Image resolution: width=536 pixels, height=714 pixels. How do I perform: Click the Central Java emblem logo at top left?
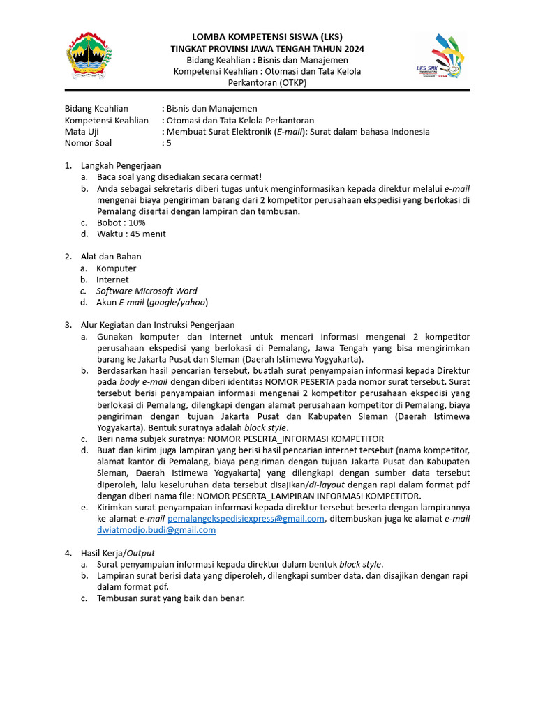click(87, 56)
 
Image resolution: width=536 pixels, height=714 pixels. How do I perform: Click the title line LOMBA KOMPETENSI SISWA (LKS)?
click(267, 37)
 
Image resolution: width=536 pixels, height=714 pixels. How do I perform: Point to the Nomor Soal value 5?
click(167, 143)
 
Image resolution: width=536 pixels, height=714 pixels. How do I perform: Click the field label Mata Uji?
click(82, 132)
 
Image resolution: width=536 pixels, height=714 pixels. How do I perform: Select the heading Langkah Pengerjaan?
click(121, 166)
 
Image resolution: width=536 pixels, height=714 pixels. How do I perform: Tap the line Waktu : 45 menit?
click(131, 234)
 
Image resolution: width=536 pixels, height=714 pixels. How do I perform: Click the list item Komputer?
click(116, 268)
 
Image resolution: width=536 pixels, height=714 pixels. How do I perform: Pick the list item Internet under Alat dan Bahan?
click(112, 280)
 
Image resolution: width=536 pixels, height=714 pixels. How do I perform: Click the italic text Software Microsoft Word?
click(147, 291)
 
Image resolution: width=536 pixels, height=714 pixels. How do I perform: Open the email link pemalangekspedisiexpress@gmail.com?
click(246, 518)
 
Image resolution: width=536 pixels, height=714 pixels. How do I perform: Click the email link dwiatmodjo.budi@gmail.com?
click(156, 529)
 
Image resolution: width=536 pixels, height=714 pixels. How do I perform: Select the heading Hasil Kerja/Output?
click(117, 552)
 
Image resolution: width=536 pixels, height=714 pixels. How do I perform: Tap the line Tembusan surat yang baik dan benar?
click(170, 598)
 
